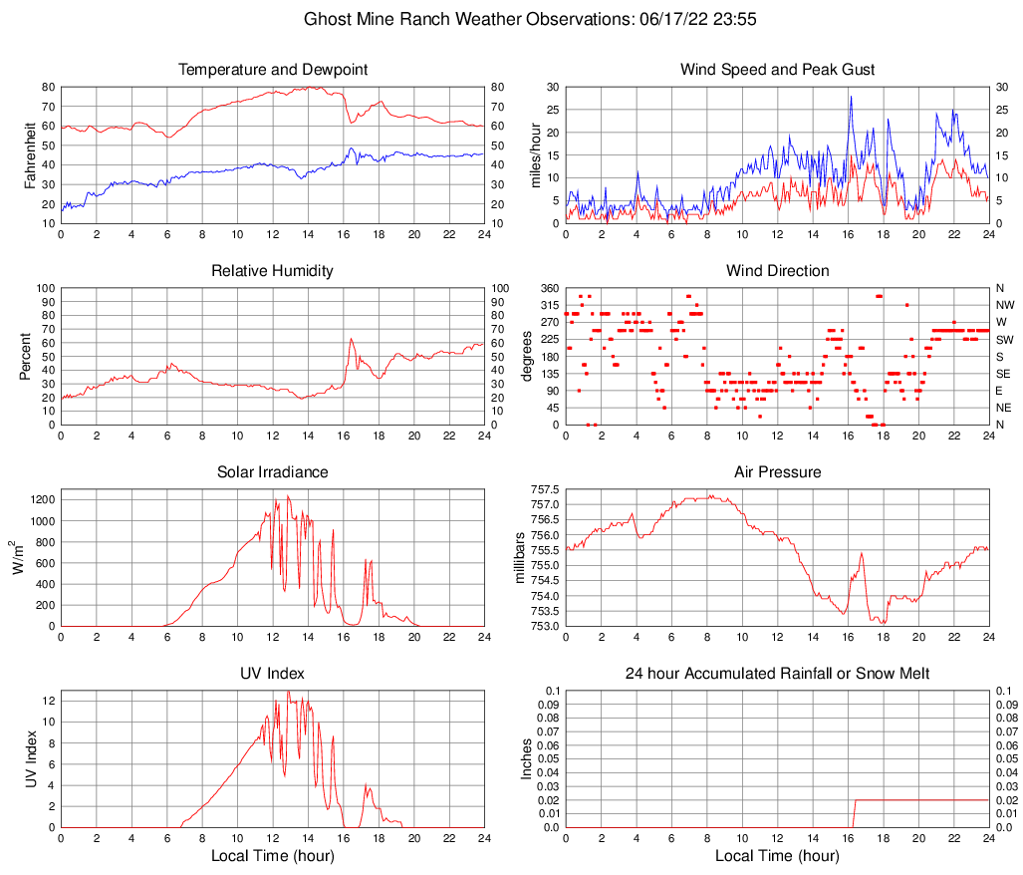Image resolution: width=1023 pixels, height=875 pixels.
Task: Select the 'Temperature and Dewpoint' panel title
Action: click(273, 70)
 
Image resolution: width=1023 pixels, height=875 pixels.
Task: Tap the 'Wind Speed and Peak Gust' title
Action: click(778, 70)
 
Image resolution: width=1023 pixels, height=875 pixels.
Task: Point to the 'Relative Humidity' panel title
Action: click(273, 271)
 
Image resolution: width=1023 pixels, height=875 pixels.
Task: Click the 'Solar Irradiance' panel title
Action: click(273, 472)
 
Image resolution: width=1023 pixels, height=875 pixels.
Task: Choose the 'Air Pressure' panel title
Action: click(778, 472)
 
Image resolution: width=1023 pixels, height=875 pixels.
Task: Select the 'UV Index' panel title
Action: click(273, 674)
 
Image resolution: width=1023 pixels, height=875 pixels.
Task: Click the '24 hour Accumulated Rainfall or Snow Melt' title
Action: click(778, 674)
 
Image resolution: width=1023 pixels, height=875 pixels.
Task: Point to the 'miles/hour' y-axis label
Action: click(535, 154)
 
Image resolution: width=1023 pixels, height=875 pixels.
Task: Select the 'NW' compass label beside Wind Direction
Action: click(1004, 305)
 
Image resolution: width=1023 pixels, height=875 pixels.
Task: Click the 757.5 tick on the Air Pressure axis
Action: click(545, 489)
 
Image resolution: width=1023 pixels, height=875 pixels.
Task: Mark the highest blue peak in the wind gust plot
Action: click(851, 97)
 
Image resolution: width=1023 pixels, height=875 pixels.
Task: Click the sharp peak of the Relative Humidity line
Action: click(352, 339)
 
